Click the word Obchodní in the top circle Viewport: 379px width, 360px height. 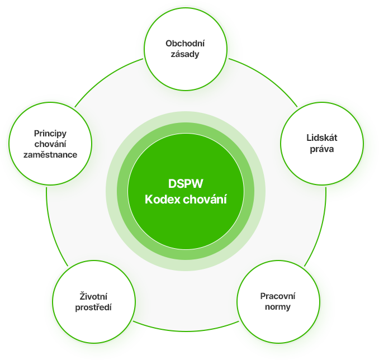click(x=185, y=43)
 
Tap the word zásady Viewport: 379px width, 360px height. click(x=185, y=54)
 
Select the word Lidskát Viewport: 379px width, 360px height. click(x=321, y=138)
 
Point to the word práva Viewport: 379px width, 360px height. click(x=321, y=149)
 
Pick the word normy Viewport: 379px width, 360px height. click(x=278, y=307)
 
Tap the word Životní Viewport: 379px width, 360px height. click(x=93, y=296)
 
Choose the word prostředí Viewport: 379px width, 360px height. click(x=93, y=307)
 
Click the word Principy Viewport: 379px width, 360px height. click(x=50, y=133)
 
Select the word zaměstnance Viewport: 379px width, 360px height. click(x=50, y=154)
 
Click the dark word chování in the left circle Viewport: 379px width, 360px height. click(x=50, y=144)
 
